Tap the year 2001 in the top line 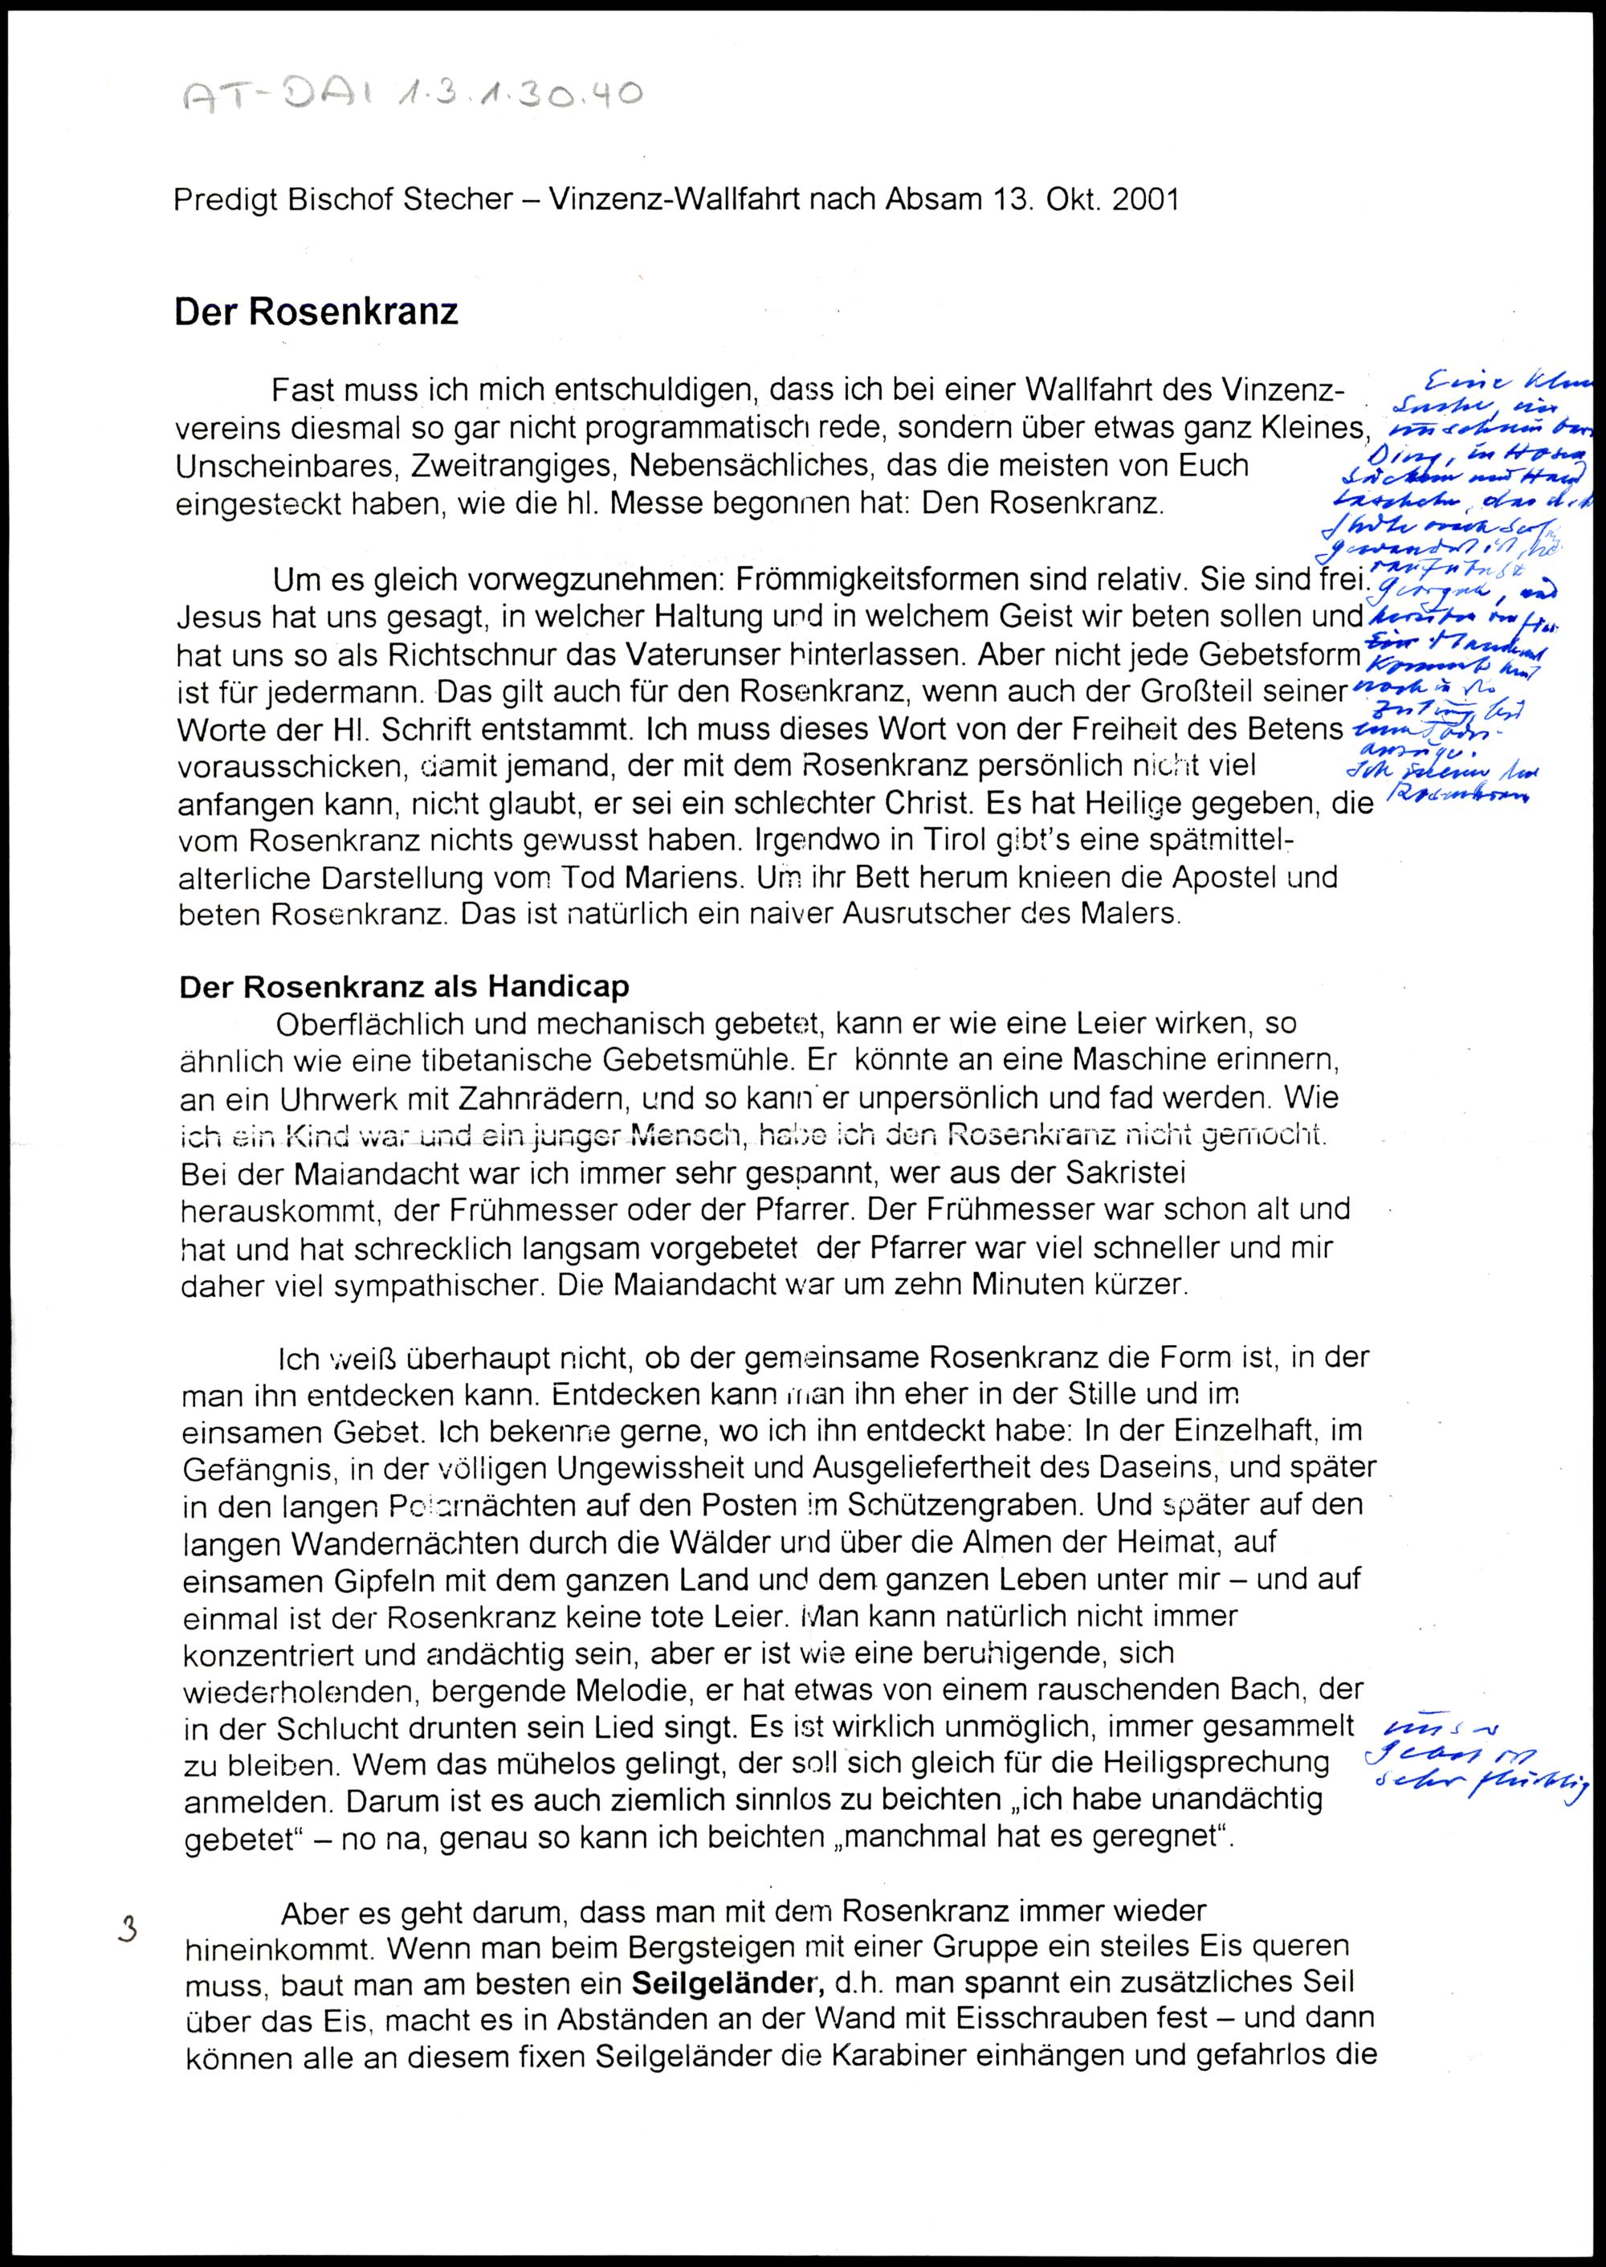point(1145,201)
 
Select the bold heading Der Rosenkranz point(316,312)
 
